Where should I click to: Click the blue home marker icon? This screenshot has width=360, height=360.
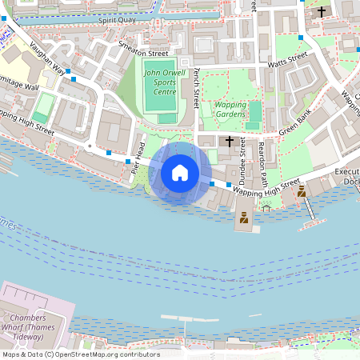point(180,173)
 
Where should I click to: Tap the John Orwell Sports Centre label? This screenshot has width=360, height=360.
point(160,82)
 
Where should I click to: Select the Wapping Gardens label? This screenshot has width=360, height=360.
point(230,109)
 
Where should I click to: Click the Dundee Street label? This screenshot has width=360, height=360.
point(242,159)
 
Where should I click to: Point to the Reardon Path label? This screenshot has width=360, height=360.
point(262,155)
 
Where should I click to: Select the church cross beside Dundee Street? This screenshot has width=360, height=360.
point(230,141)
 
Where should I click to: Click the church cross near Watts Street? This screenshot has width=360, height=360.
point(322,12)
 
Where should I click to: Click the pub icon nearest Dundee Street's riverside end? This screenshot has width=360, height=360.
point(243,217)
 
